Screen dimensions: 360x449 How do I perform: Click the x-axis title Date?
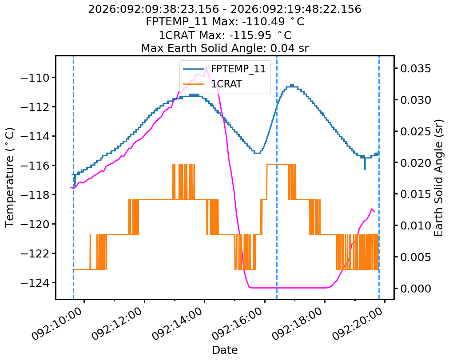[x=225, y=350]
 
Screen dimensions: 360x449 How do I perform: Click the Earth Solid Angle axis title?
[x=439, y=177]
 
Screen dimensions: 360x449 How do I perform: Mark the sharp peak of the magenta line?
[x=207, y=67]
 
